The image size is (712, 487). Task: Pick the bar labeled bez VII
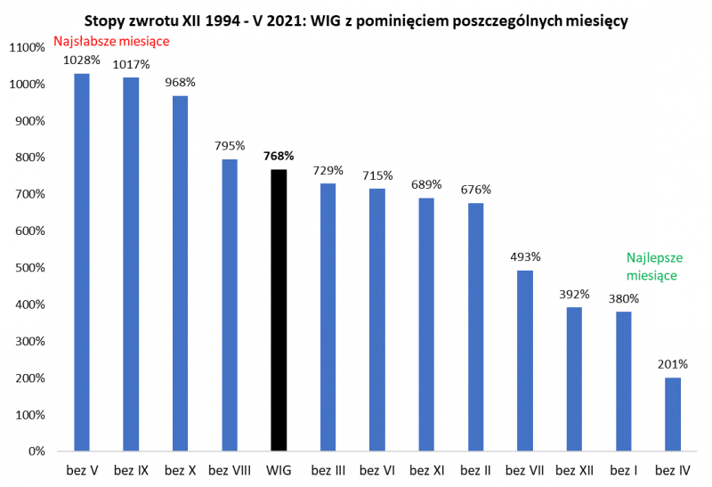coord(525,361)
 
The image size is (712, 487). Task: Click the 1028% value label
coord(82,60)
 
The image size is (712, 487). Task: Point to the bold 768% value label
coord(279,155)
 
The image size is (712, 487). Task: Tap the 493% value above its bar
coord(525,256)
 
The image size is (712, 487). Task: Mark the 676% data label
coord(476,189)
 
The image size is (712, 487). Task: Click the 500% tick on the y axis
coord(32,268)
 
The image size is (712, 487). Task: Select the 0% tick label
coord(36,451)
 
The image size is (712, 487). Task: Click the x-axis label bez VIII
coord(230,468)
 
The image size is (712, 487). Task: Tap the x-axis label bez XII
coord(574,468)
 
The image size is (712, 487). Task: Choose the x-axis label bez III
coord(328,468)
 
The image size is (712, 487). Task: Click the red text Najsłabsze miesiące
coord(111,41)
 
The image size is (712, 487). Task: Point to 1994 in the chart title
coord(235,20)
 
